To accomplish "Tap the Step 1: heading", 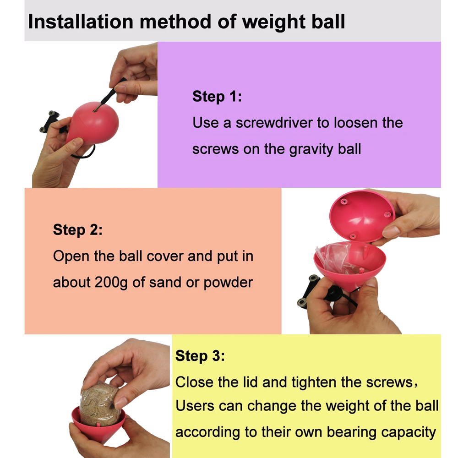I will pos(217,97).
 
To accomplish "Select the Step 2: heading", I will pos(78,230).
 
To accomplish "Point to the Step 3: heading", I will pos(200,356).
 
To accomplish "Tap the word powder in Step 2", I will pos(228,282).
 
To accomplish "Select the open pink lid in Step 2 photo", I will pos(362,215).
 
